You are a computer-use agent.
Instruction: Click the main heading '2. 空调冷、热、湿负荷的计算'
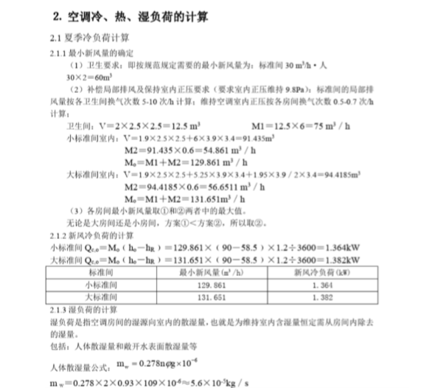click(x=126, y=15)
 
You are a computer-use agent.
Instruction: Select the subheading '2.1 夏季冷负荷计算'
click(x=83, y=35)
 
